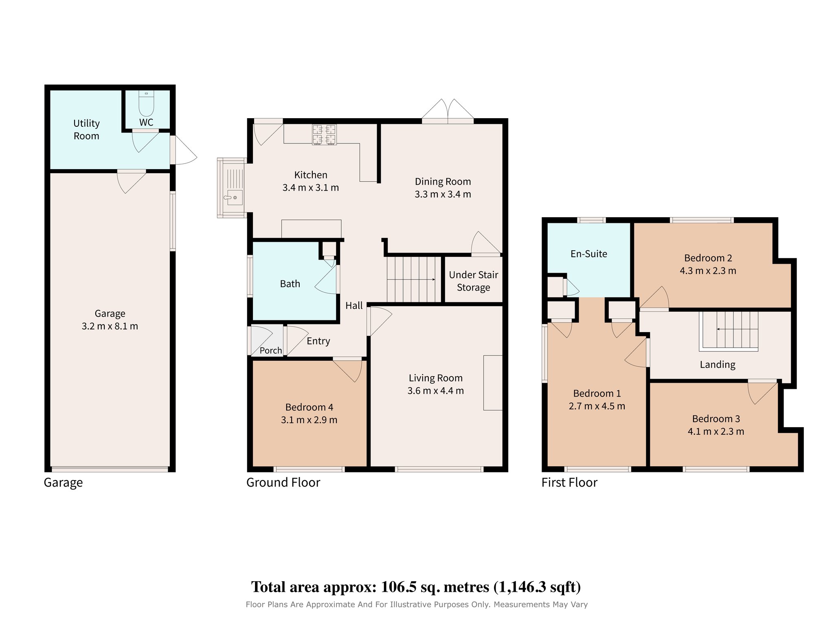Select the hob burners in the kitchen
tap(324, 135)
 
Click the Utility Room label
tap(86, 130)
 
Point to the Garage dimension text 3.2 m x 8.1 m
tap(110, 326)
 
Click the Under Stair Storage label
tap(474, 281)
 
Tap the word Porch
tap(271, 350)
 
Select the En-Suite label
tap(589, 254)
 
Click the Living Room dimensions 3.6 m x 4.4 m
tap(436, 391)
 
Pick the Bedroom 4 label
tap(309, 407)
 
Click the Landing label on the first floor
tap(718, 365)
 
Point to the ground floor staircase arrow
tap(411, 280)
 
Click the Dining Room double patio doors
tap(448, 111)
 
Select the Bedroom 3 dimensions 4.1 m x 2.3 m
tap(716, 432)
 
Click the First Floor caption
tap(569, 483)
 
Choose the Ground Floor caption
tap(283, 483)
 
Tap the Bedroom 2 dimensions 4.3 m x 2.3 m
tap(708, 271)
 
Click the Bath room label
tap(290, 284)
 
